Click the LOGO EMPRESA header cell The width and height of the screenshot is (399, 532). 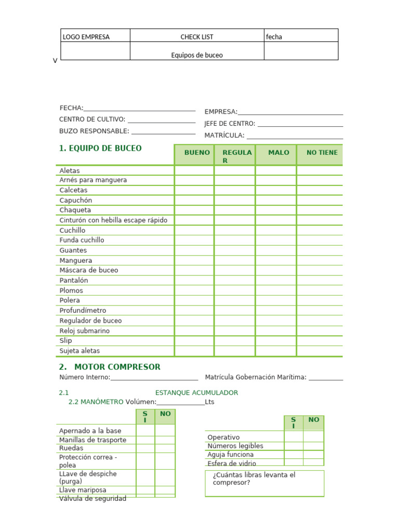pyautogui.click(x=86, y=37)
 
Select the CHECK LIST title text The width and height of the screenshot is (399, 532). pyautogui.click(x=196, y=37)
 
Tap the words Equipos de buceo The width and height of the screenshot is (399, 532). pyautogui.click(x=197, y=55)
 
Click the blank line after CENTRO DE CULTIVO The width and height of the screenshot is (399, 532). pyautogui.click(x=162, y=120)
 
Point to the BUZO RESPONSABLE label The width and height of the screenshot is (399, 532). pyautogui.click(x=94, y=131)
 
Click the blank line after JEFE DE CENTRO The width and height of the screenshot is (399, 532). pyautogui.click(x=300, y=124)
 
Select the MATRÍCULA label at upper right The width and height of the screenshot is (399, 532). pyautogui.click(x=224, y=136)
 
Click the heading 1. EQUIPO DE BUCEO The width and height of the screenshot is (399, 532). pyautogui.click(x=100, y=149)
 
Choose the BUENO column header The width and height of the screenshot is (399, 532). pyautogui.click(x=197, y=153)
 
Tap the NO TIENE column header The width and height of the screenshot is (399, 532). pyautogui.click(x=322, y=153)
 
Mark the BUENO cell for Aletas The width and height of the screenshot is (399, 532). pyautogui.click(x=194, y=170)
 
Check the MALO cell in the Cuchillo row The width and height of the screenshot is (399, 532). pyautogui.click(x=275, y=230)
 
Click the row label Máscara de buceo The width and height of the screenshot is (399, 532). pyautogui.click(x=89, y=270)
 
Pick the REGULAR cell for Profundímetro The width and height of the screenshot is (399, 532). pyautogui.click(x=234, y=311)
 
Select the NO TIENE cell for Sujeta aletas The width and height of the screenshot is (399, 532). pyautogui.click(x=319, y=351)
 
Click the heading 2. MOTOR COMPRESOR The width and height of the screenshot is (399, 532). pyautogui.click(x=110, y=367)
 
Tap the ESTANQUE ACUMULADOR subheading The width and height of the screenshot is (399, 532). pyautogui.click(x=196, y=393)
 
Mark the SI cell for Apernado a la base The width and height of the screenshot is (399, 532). pyautogui.click(x=145, y=431)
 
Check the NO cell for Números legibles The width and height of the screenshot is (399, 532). pyautogui.click(x=313, y=446)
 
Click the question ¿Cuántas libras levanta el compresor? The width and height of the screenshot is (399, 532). pyautogui.click(x=254, y=478)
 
